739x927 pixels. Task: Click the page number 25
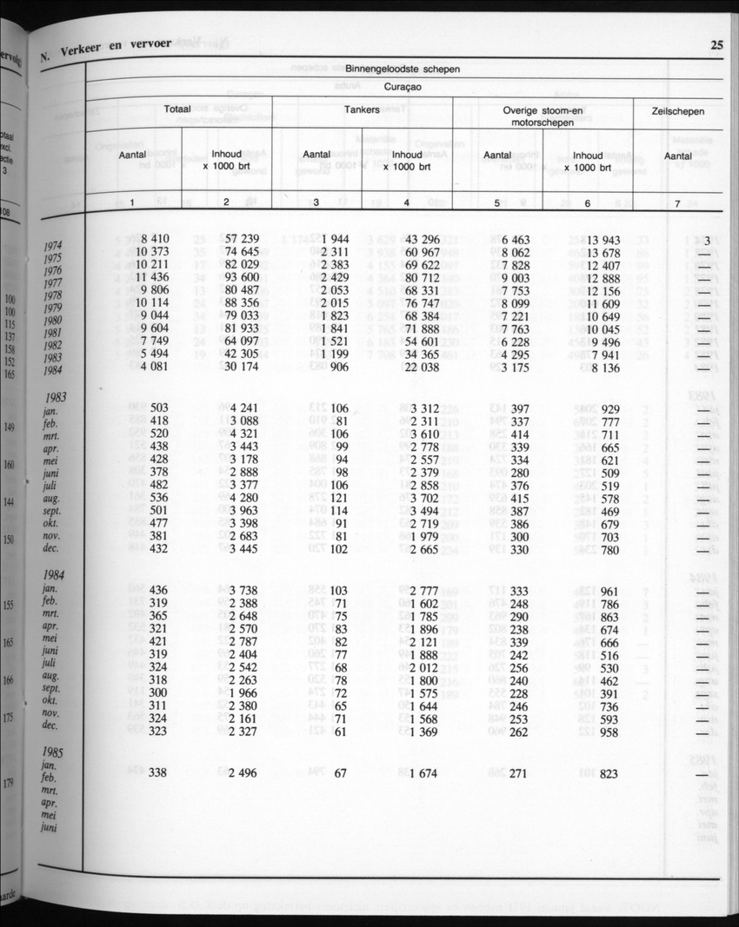click(x=716, y=46)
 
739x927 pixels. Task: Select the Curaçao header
click(x=403, y=88)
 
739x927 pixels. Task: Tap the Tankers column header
click(x=362, y=111)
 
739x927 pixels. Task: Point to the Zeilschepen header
click(x=678, y=111)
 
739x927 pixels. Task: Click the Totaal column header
click(x=177, y=110)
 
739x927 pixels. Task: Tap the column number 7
click(x=677, y=203)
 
